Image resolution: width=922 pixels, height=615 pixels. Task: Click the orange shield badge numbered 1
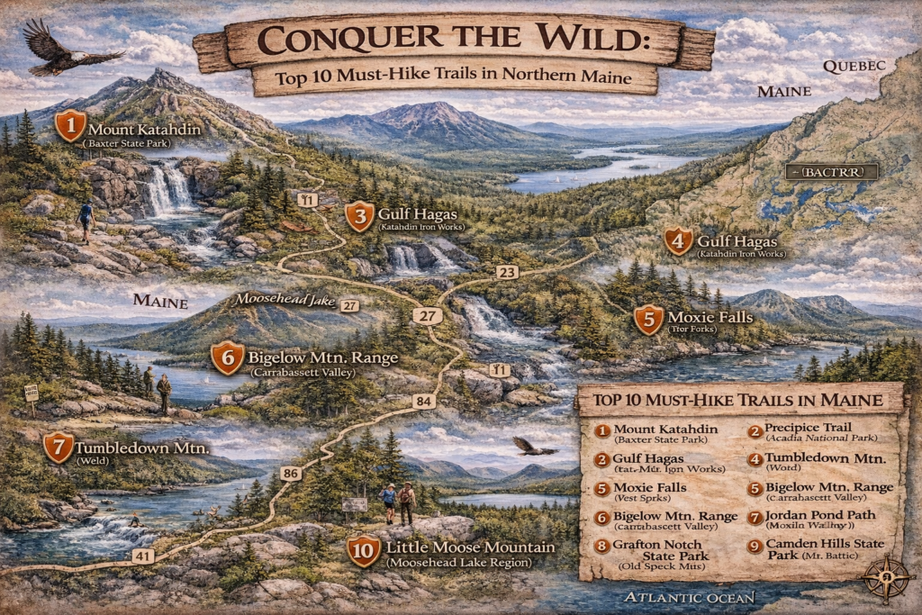(69, 126)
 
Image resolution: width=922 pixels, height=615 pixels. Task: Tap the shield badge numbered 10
(364, 551)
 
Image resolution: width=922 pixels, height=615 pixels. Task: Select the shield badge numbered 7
(59, 448)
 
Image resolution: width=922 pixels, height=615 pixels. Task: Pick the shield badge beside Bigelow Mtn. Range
(227, 358)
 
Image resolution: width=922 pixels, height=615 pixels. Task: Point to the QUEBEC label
(854, 65)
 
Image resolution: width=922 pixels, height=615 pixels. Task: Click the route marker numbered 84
(423, 401)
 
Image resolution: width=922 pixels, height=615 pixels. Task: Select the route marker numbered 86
(290, 474)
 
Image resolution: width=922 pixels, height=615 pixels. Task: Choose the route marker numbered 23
(507, 272)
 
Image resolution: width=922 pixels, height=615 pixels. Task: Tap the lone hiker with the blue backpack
(86, 219)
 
